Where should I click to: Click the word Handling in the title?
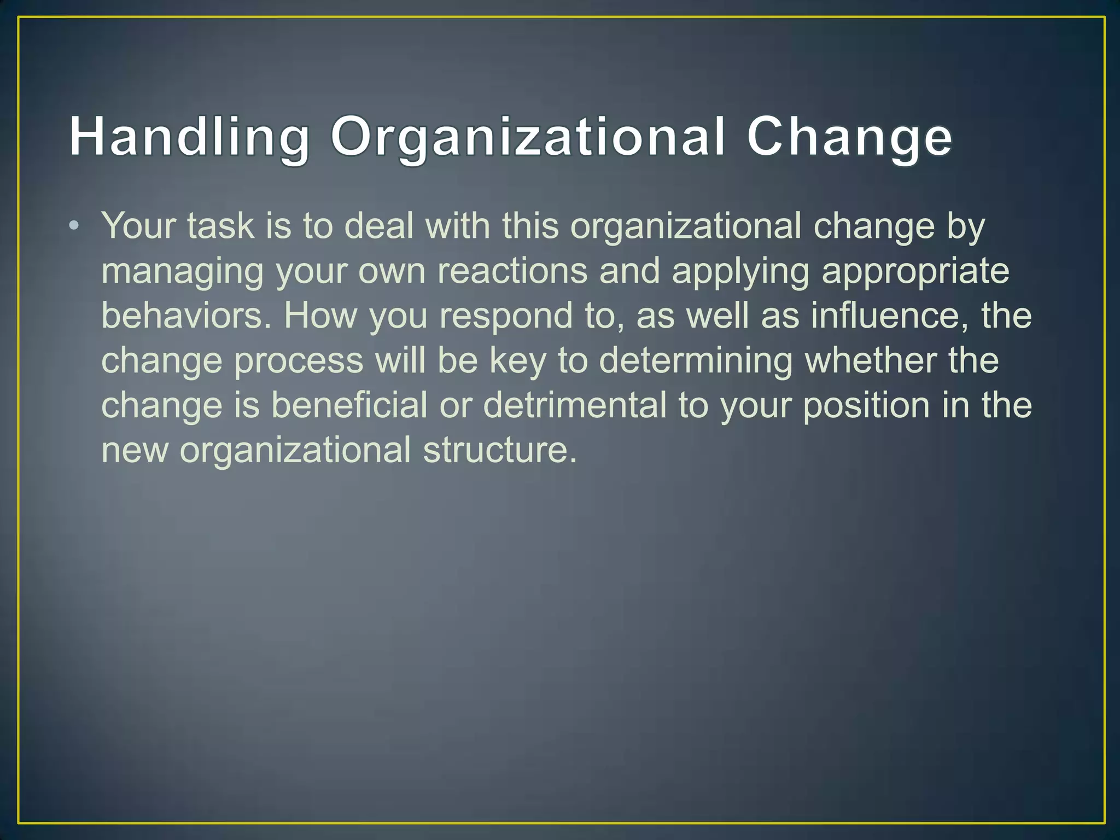189,137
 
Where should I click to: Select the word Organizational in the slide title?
528,137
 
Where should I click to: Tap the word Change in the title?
849,137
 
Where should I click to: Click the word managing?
183,271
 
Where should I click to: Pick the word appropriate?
915,271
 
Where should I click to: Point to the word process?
299,362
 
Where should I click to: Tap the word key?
518,361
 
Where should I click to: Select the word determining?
696,361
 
